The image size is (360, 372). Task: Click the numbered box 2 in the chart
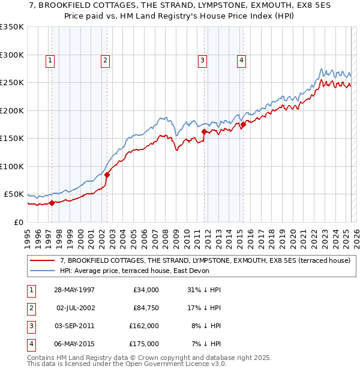(105, 60)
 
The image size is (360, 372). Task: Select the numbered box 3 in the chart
(203, 60)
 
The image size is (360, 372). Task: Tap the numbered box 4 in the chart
(241, 60)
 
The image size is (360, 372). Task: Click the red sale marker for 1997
(52, 203)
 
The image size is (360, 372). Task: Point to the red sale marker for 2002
(107, 175)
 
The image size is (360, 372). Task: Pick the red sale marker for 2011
(205, 131)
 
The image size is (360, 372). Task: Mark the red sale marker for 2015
(244, 124)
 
